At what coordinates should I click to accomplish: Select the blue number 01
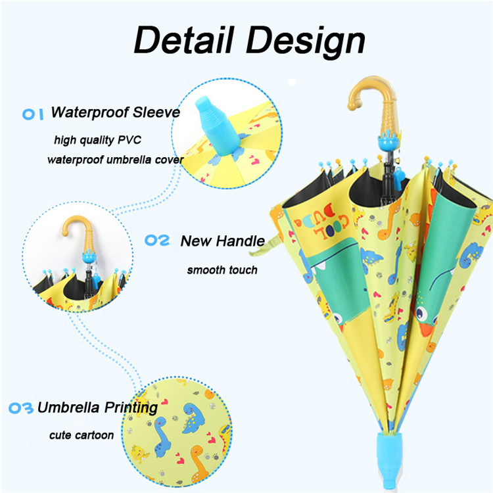point(32,113)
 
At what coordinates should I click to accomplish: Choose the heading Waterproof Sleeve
point(115,112)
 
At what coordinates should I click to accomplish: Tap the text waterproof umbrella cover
point(115,160)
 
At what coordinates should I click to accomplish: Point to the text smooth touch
point(222,270)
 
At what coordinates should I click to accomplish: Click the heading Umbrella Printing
point(97,408)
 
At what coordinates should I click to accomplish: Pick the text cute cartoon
point(82,434)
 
